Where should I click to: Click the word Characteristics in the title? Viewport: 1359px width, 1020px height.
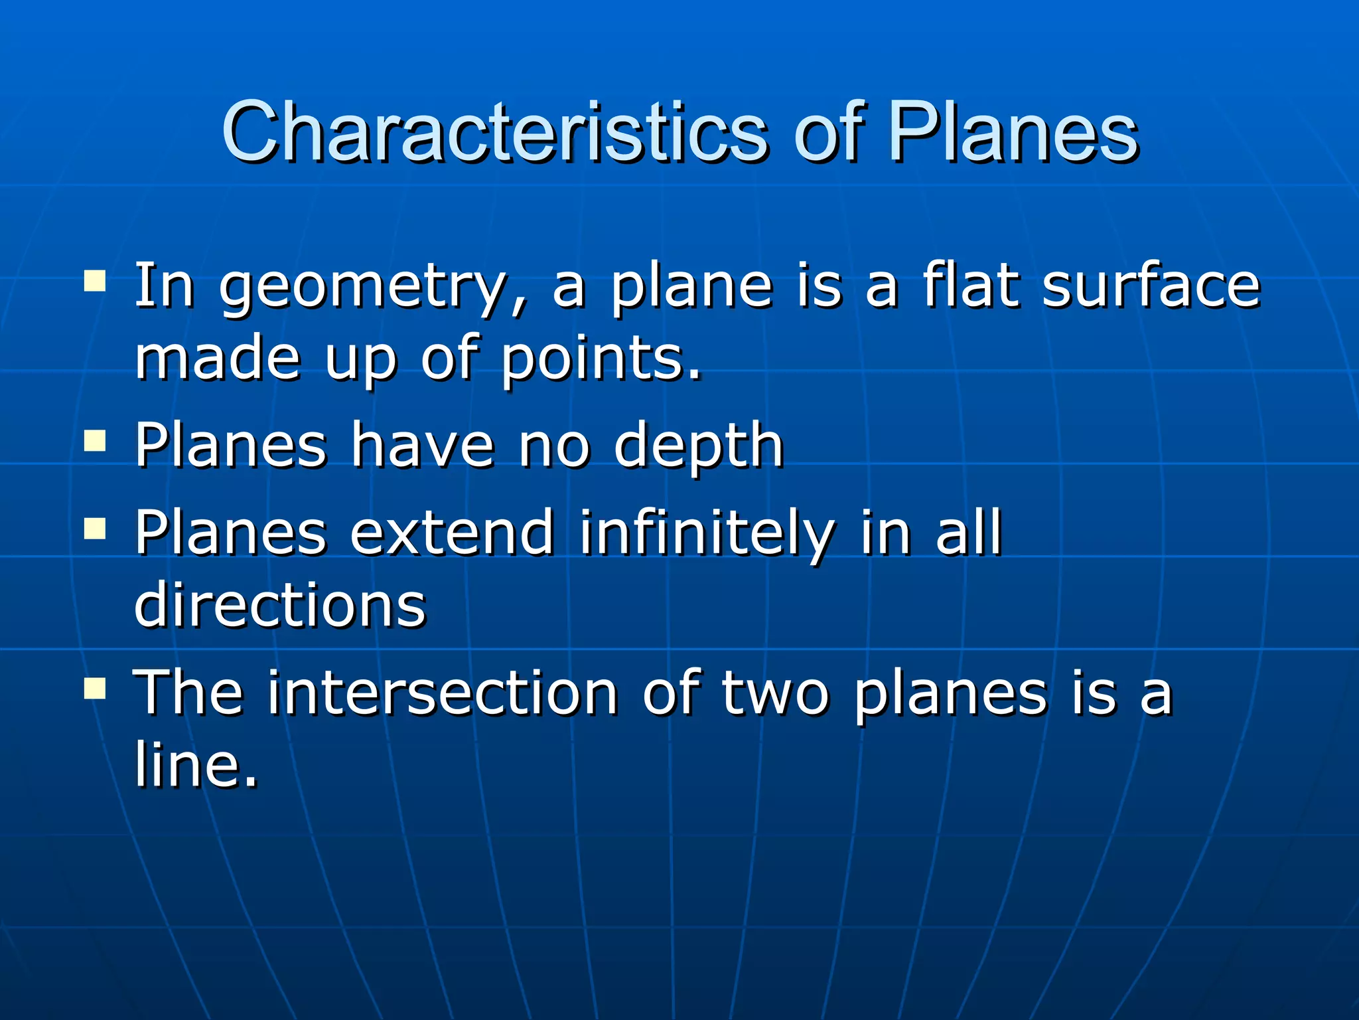coord(494,133)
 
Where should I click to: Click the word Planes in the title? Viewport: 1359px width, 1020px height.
coord(1014,133)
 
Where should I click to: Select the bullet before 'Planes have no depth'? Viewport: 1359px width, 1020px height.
coord(95,440)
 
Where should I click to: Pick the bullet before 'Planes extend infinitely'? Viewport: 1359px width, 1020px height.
coord(95,528)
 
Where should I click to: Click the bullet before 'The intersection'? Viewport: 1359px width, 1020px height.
coord(95,688)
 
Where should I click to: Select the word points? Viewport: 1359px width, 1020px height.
coord(601,360)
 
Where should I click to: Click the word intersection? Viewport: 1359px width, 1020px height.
coord(443,693)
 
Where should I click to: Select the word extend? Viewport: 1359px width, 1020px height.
coord(451,533)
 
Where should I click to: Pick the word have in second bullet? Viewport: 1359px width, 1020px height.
coord(422,445)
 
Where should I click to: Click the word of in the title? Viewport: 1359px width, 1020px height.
coord(829,133)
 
